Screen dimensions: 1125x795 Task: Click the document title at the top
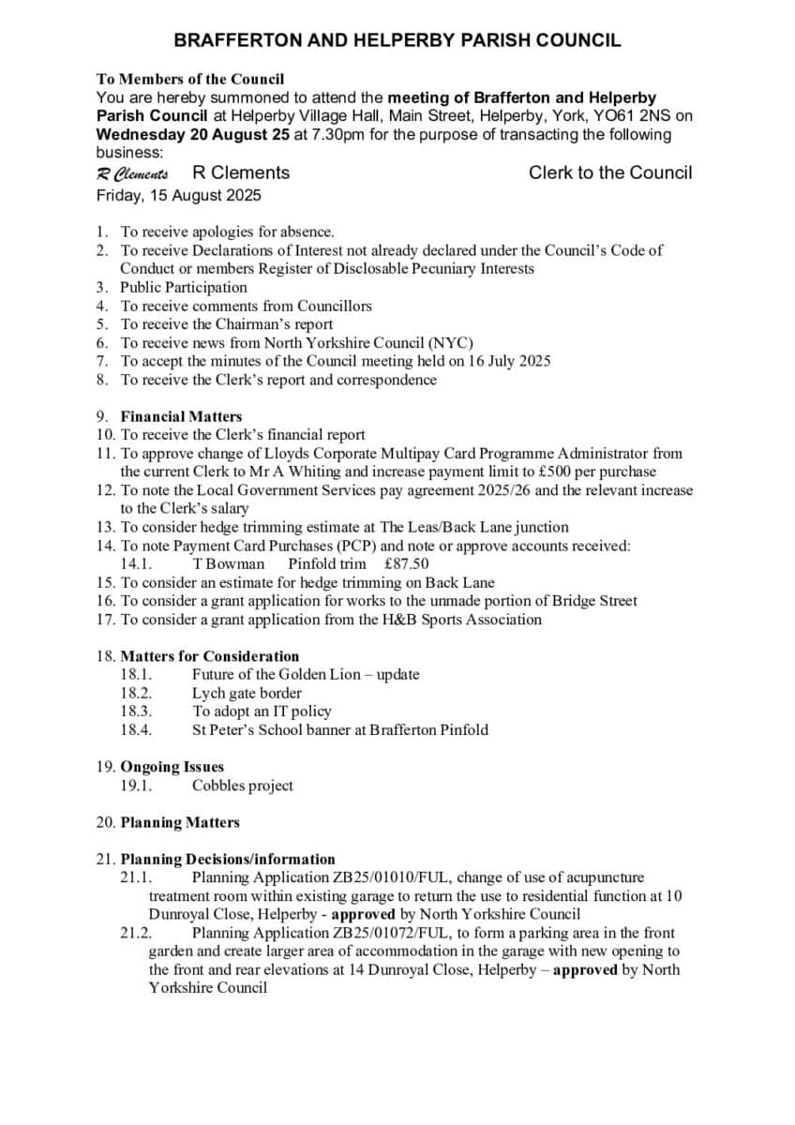coord(397,40)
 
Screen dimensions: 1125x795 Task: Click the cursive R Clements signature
coord(132,173)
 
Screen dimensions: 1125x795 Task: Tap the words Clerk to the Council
coord(610,172)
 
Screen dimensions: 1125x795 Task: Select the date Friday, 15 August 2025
coord(178,196)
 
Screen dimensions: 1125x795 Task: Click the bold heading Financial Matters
coord(181,416)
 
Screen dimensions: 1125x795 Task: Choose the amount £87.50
coord(407,563)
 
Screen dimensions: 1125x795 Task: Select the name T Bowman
coord(229,563)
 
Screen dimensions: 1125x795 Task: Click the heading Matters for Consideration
coord(210,656)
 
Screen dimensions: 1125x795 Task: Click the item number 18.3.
coord(136,712)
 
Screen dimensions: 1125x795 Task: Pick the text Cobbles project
coord(243,786)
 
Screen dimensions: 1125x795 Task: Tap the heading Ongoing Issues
coord(172,767)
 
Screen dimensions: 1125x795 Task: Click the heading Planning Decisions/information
coord(228,859)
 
